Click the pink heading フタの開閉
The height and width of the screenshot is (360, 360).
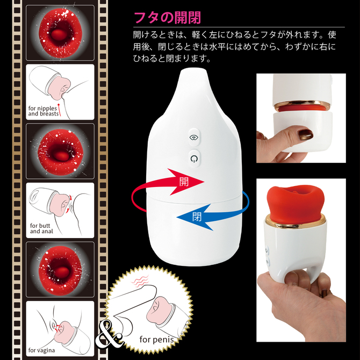pos(162,17)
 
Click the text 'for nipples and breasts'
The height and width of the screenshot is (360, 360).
pos(43,111)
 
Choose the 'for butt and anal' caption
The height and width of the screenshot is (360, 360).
pos(42,228)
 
